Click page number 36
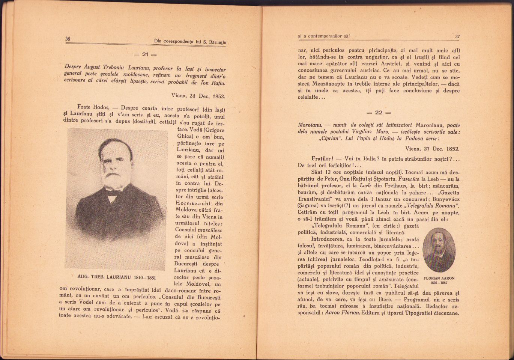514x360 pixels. pos(68,39)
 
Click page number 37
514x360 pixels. pos(457,37)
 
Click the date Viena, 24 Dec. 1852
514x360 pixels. pos(198,96)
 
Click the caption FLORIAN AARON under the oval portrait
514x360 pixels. pos(439,279)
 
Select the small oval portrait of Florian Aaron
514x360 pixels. pos(439,250)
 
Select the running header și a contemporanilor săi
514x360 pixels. pos(324,36)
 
